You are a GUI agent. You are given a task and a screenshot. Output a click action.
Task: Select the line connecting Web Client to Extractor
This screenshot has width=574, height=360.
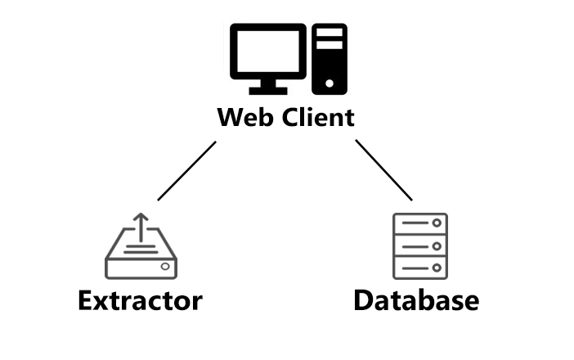point(187,170)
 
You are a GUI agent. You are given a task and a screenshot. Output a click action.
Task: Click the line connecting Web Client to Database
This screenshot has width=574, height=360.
point(383,170)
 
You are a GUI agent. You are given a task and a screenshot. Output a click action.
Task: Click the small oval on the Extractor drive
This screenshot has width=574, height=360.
point(166,267)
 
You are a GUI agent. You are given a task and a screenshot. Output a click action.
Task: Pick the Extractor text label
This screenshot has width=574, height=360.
point(140,300)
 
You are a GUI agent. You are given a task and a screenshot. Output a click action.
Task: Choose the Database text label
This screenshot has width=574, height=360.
point(416,300)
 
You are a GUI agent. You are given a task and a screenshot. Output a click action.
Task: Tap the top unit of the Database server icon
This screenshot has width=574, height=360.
point(420,224)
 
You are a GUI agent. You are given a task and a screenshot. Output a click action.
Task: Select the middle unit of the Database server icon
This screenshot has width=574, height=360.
point(420,245)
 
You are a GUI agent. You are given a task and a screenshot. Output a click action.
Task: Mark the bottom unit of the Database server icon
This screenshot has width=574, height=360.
point(420,267)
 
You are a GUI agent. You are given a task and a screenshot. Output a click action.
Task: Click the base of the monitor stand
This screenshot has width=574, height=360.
point(268,90)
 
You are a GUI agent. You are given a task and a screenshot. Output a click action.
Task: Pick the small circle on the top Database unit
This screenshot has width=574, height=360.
point(437,224)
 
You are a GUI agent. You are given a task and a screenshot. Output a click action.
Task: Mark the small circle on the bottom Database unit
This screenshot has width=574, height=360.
point(437,267)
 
